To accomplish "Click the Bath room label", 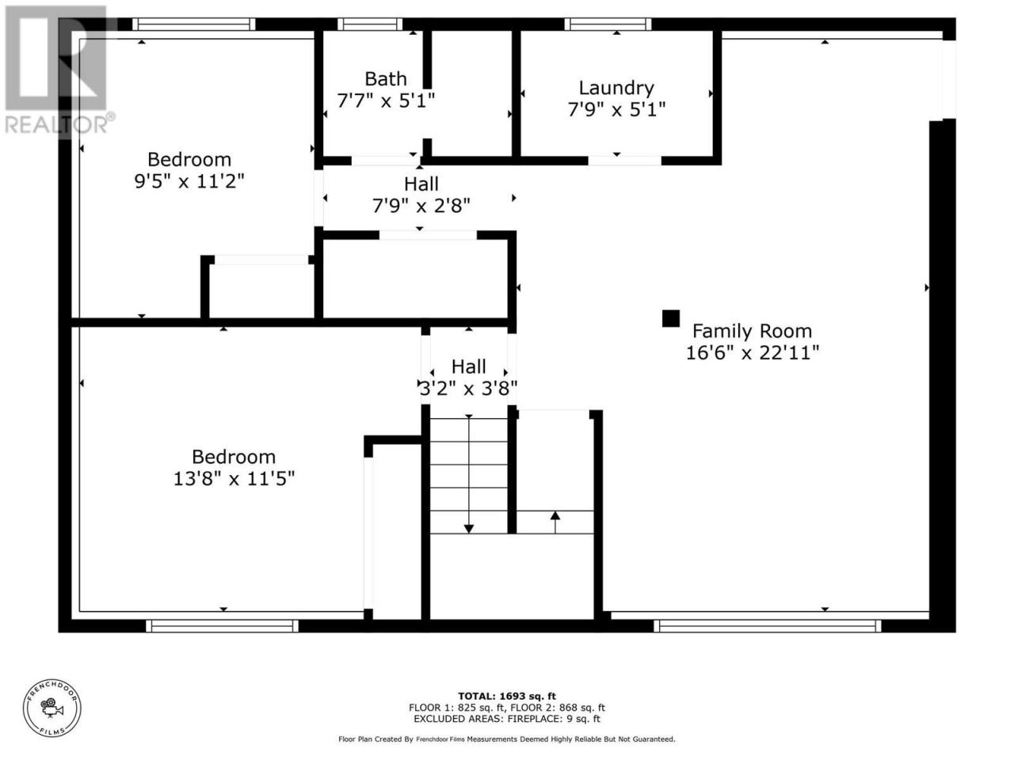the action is [x=385, y=79].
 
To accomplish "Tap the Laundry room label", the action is [x=616, y=88].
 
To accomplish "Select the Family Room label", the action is [x=752, y=331].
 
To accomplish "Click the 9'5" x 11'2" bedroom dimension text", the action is [x=189, y=180].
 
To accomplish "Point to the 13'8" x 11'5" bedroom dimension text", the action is [x=234, y=478].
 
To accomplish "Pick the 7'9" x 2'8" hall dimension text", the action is [x=421, y=205].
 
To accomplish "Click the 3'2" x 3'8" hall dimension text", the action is [x=468, y=388].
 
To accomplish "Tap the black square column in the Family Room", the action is [x=671, y=318].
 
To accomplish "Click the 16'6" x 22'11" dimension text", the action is [x=752, y=353].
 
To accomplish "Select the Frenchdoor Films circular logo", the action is [x=52, y=708].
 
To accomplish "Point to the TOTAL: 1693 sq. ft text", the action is [x=507, y=696].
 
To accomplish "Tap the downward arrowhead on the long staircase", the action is [x=468, y=529].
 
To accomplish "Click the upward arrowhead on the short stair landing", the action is [x=555, y=515].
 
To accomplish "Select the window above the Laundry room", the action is [x=608, y=24].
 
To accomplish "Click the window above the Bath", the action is [x=370, y=24].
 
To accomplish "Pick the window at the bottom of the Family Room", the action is [x=767, y=625].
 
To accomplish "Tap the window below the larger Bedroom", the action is [x=222, y=625].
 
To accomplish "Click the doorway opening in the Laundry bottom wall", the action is [x=624, y=161].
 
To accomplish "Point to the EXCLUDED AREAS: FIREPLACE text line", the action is [x=507, y=719].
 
